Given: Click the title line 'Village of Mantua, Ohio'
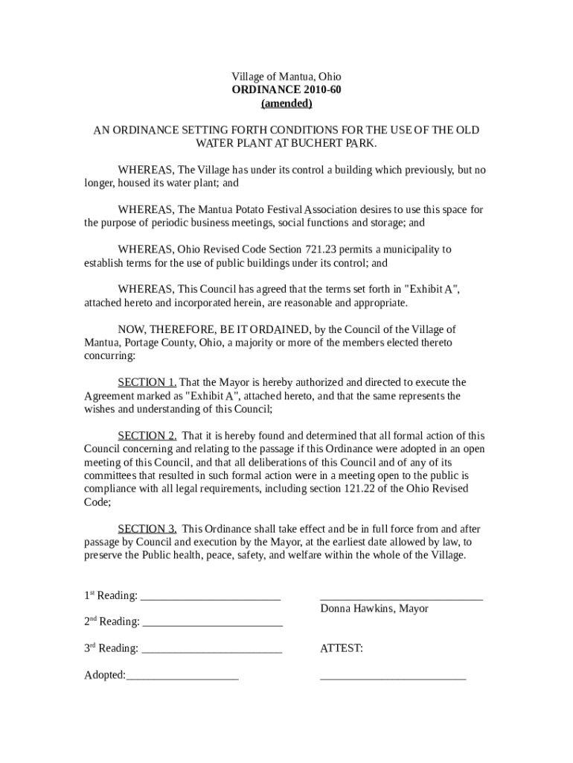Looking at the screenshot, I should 286,77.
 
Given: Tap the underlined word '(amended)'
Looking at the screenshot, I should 286,104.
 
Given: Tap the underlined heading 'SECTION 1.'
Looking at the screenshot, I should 147,382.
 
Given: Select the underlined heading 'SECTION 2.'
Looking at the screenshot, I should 147,436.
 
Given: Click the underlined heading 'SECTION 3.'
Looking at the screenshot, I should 147,529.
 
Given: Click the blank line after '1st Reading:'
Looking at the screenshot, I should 210,597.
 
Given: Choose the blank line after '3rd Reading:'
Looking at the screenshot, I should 211,649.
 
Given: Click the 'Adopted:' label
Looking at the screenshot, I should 104,676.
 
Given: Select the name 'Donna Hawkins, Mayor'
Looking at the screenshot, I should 374,609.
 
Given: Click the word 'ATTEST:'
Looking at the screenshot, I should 342,649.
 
